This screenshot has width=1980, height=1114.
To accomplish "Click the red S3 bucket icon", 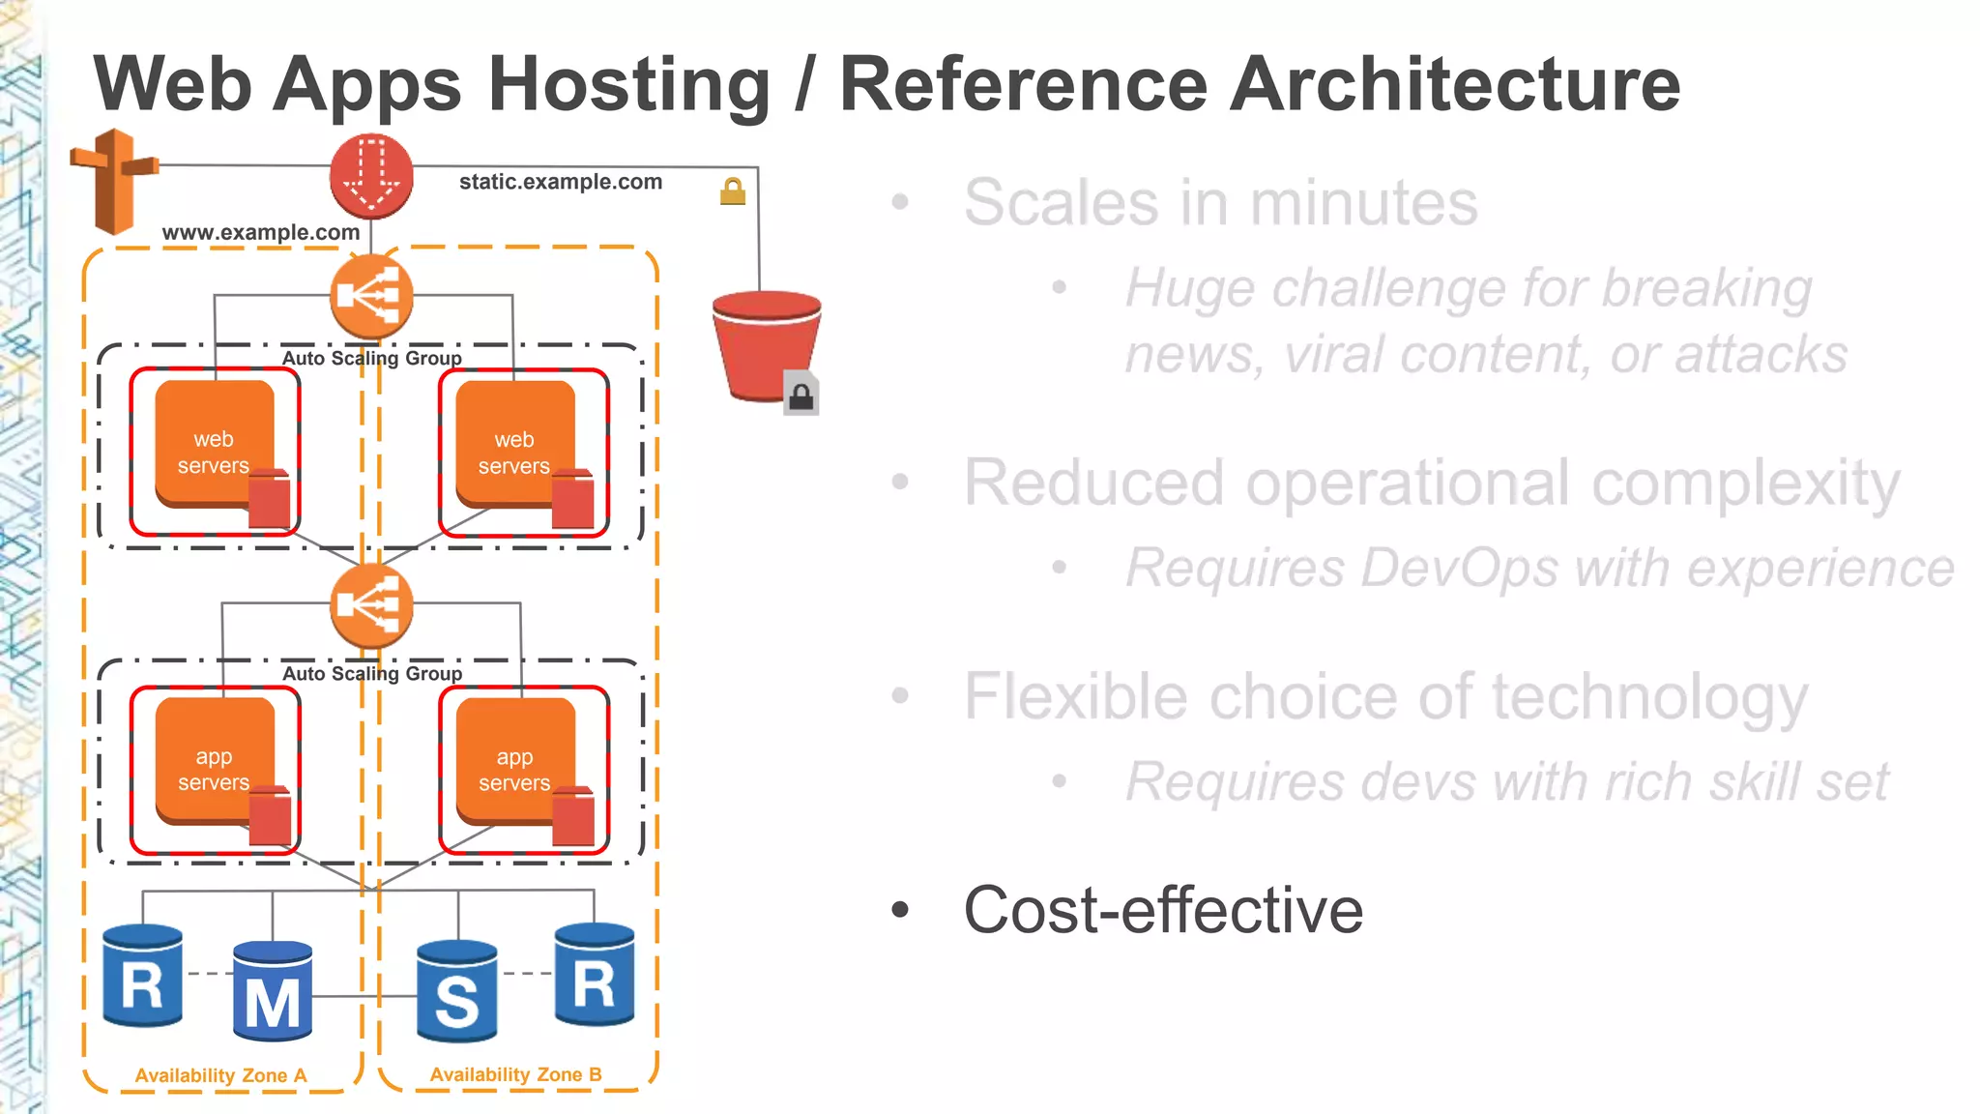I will pos(766,344).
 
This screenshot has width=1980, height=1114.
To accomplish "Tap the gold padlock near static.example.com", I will pos(733,191).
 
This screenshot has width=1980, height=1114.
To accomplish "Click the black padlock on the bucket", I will pos(801,395).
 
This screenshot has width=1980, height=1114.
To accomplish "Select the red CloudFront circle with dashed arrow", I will pos(371,176).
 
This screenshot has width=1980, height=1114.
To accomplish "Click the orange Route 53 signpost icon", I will pos(114,181).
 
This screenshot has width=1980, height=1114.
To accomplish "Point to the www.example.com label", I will pos(261,232).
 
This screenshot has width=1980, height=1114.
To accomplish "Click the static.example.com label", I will pos(561,182).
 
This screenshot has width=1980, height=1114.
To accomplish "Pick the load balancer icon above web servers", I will pos(371,296).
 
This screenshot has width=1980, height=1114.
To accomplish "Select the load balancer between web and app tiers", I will pos(371,606).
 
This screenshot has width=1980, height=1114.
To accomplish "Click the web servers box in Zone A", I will pos(215,452).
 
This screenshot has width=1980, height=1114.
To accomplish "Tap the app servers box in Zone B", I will pos(515,769).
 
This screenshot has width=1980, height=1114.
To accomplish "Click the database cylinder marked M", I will pos(273,990).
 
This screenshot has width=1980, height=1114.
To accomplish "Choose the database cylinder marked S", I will pos(457,990).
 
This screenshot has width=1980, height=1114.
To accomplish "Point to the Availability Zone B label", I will pos(515,1074).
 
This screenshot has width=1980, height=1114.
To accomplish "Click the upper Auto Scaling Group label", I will pos(371,358).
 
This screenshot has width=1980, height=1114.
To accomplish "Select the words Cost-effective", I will pos(1163,910).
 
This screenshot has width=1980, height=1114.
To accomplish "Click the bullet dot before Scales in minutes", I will pos(900,202).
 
